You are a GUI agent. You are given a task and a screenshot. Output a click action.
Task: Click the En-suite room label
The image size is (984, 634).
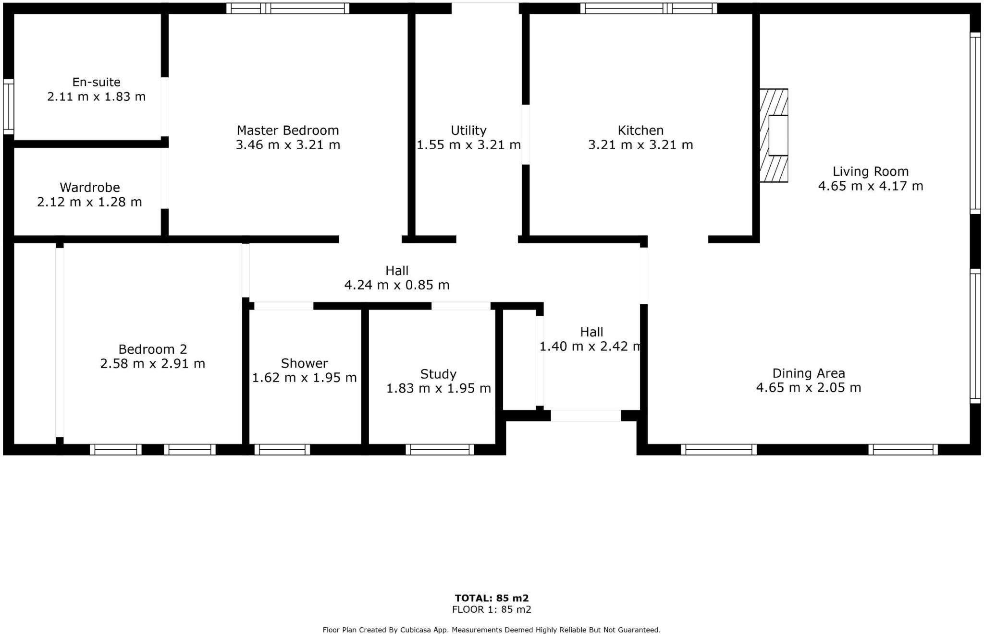96,82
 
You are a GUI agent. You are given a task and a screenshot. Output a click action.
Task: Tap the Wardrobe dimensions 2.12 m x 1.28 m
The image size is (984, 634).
89,202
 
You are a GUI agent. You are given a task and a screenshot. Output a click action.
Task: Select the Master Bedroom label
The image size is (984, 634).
288,131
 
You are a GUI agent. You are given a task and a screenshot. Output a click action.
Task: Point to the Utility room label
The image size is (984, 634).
468,131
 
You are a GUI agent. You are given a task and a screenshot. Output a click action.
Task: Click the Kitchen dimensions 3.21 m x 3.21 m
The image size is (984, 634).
640,144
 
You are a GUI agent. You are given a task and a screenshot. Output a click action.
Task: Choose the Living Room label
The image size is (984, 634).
870,171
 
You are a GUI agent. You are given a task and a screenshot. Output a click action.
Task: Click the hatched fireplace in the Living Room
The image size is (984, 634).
774,135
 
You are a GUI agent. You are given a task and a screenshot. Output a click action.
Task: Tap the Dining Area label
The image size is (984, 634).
808,373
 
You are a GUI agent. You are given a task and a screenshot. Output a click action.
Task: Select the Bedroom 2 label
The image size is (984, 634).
152,349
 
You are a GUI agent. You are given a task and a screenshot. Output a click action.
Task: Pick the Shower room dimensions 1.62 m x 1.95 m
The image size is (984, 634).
304,378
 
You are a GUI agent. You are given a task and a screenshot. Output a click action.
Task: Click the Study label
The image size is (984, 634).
438,374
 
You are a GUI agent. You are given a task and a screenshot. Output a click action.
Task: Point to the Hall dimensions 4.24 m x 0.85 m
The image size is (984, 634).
397,285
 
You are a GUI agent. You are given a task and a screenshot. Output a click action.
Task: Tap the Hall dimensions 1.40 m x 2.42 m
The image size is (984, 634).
591,346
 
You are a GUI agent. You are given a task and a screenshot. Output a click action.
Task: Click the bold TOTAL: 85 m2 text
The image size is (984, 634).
492,598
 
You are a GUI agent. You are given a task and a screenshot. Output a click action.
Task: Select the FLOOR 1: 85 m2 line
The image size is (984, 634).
492,610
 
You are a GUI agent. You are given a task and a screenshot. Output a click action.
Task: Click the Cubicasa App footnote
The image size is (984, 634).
491,630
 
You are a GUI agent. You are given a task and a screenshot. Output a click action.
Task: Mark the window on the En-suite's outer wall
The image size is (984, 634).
8,107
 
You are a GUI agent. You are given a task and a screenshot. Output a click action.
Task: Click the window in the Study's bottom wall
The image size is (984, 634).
440,450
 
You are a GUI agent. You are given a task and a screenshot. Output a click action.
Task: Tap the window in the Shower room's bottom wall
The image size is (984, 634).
282,450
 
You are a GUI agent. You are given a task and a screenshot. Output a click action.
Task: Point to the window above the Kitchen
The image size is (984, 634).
648,8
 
